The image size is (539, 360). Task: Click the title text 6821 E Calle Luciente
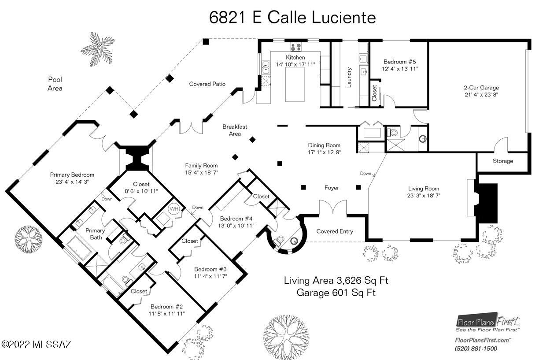click(292, 18)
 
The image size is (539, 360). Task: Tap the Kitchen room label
click(295, 57)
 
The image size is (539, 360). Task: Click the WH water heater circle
click(174, 209)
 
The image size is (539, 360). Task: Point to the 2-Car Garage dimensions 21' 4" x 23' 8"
click(481, 95)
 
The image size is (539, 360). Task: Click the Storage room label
click(502, 161)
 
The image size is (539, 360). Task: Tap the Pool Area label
click(55, 84)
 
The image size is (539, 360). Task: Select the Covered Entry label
click(335, 231)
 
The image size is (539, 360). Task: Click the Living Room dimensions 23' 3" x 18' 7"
click(424, 196)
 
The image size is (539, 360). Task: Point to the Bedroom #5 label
click(399, 62)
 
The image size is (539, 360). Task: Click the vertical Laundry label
click(349, 77)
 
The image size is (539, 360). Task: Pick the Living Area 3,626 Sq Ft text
click(336, 281)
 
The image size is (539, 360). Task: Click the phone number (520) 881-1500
click(476, 349)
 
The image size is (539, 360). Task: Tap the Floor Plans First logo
click(488, 323)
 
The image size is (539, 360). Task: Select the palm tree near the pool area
click(97, 49)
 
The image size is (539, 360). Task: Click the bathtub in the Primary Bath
click(79, 248)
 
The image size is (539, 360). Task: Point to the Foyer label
click(332, 188)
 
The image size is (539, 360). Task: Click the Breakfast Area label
click(235, 130)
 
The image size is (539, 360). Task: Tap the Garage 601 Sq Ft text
click(336, 293)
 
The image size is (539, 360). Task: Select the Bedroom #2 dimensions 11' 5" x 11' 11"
click(167, 314)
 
